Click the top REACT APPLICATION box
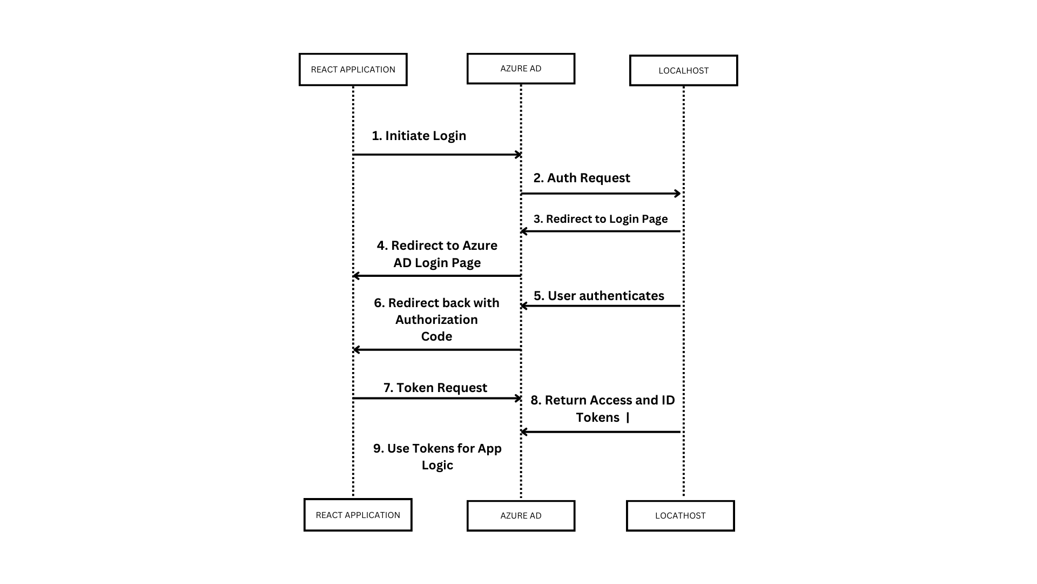coord(353,69)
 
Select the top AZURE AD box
coord(521,69)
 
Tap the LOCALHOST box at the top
coord(683,70)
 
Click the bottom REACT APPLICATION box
coord(358,515)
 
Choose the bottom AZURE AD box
coord(521,516)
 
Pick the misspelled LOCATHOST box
coord(680,516)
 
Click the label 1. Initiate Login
coord(419,136)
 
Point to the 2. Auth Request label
coord(582,178)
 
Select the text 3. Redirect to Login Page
coord(601,219)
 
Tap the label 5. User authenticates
coord(599,296)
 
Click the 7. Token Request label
coord(435,388)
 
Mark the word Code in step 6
coord(436,336)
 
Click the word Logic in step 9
coord(437,465)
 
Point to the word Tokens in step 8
coord(597,417)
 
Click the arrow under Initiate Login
coord(437,155)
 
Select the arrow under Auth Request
coord(601,194)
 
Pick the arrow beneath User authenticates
coord(601,306)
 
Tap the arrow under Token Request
coord(437,399)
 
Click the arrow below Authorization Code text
coord(436,350)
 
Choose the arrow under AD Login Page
coord(436,276)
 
